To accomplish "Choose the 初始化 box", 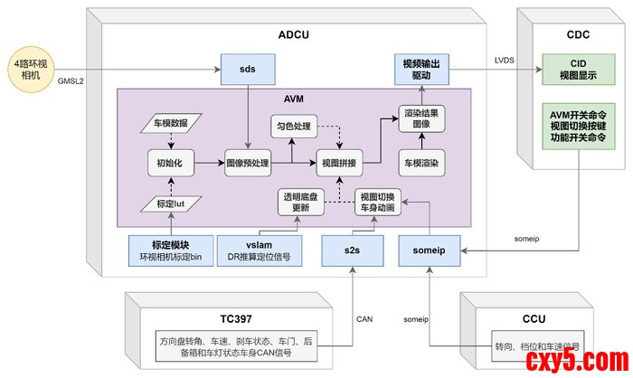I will point(172,163).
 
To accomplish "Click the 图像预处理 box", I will point(248,163).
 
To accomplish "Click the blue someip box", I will point(430,249).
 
